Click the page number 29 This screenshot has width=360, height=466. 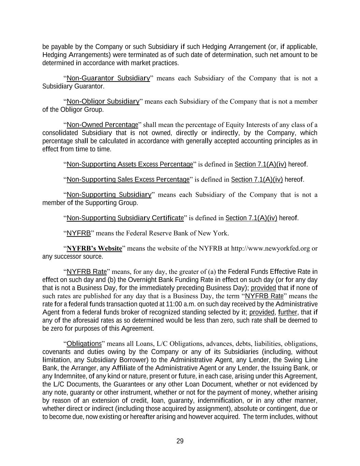click(180, 441)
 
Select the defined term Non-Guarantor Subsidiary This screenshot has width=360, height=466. click(108, 78)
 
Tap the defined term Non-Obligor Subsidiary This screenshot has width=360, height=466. click(103, 101)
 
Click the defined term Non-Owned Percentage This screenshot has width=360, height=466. click(102, 125)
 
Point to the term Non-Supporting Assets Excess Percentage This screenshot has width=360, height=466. click(130, 165)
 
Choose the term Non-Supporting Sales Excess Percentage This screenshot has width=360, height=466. click(128, 180)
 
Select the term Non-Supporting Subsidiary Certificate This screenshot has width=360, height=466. click(125, 218)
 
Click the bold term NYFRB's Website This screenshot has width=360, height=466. click(94, 248)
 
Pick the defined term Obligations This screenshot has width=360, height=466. click(84, 343)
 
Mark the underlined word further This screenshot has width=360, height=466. click(287, 312)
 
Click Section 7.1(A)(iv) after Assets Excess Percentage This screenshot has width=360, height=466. click(260, 165)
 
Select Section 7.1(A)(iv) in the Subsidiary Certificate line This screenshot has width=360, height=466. click(251, 218)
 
